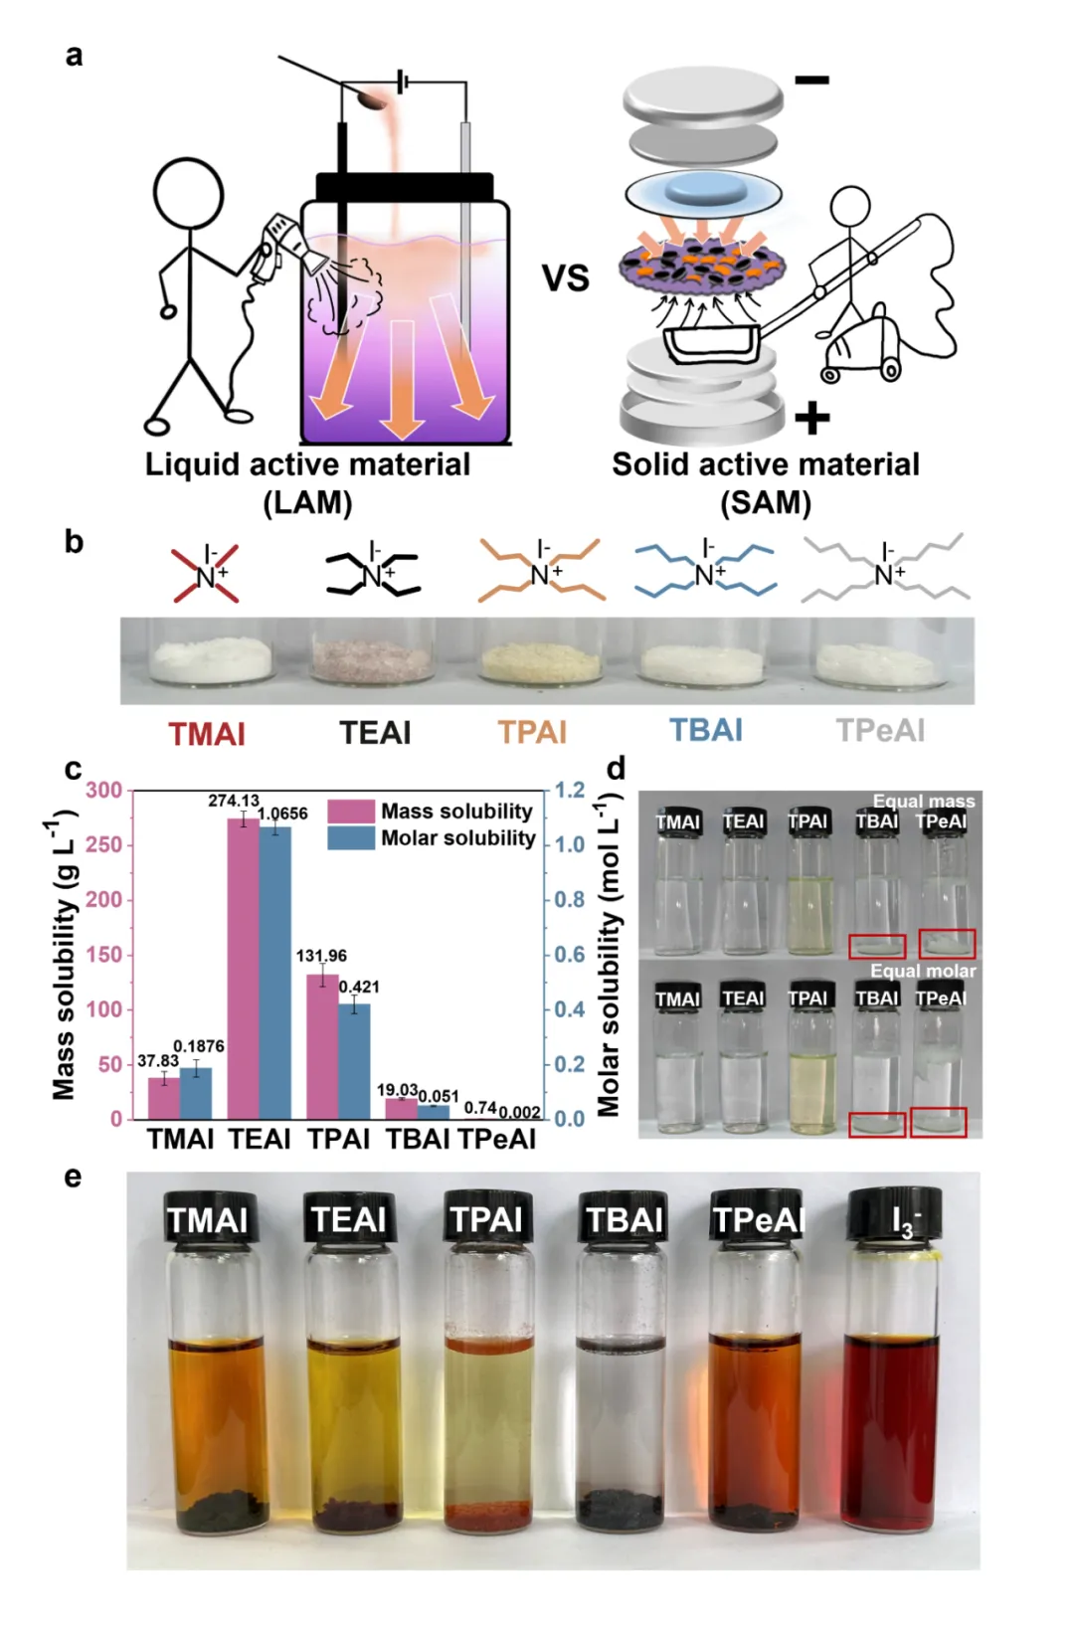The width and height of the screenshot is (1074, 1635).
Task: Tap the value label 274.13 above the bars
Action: (x=233, y=801)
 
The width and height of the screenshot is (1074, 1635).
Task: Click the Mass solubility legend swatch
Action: (x=350, y=812)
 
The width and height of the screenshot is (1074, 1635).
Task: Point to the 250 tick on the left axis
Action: (x=104, y=844)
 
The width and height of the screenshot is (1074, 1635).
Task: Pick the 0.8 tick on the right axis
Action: (x=569, y=900)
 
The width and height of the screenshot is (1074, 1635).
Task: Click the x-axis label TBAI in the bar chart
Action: (x=418, y=1140)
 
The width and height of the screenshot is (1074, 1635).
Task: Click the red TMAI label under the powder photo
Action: (x=207, y=734)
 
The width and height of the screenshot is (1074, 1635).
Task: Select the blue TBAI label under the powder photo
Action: (x=706, y=731)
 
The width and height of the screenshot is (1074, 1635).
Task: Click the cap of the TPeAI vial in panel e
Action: (x=757, y=1216)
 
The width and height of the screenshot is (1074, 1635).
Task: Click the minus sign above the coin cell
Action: (x=811, y=81)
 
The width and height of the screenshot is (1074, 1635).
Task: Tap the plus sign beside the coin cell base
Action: (x=811, y=418)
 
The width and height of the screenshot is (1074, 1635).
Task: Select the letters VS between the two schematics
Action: (x=565, y=277)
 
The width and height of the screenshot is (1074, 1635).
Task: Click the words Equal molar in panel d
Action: (x=922, y=972)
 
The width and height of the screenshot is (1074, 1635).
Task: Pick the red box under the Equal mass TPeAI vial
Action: (x=947, y=943)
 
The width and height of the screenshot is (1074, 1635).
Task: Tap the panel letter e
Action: (x=73, y=1178)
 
